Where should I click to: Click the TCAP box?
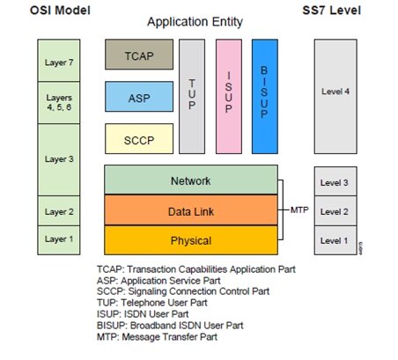139,54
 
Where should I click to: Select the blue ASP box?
139,96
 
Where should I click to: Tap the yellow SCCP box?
139,138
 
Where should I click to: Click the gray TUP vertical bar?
192,95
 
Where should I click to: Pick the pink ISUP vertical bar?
228,95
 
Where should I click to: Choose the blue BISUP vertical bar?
264,95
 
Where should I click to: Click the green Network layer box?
190,180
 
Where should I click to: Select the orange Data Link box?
190,211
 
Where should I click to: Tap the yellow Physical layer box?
190,240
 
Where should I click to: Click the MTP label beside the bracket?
299,211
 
